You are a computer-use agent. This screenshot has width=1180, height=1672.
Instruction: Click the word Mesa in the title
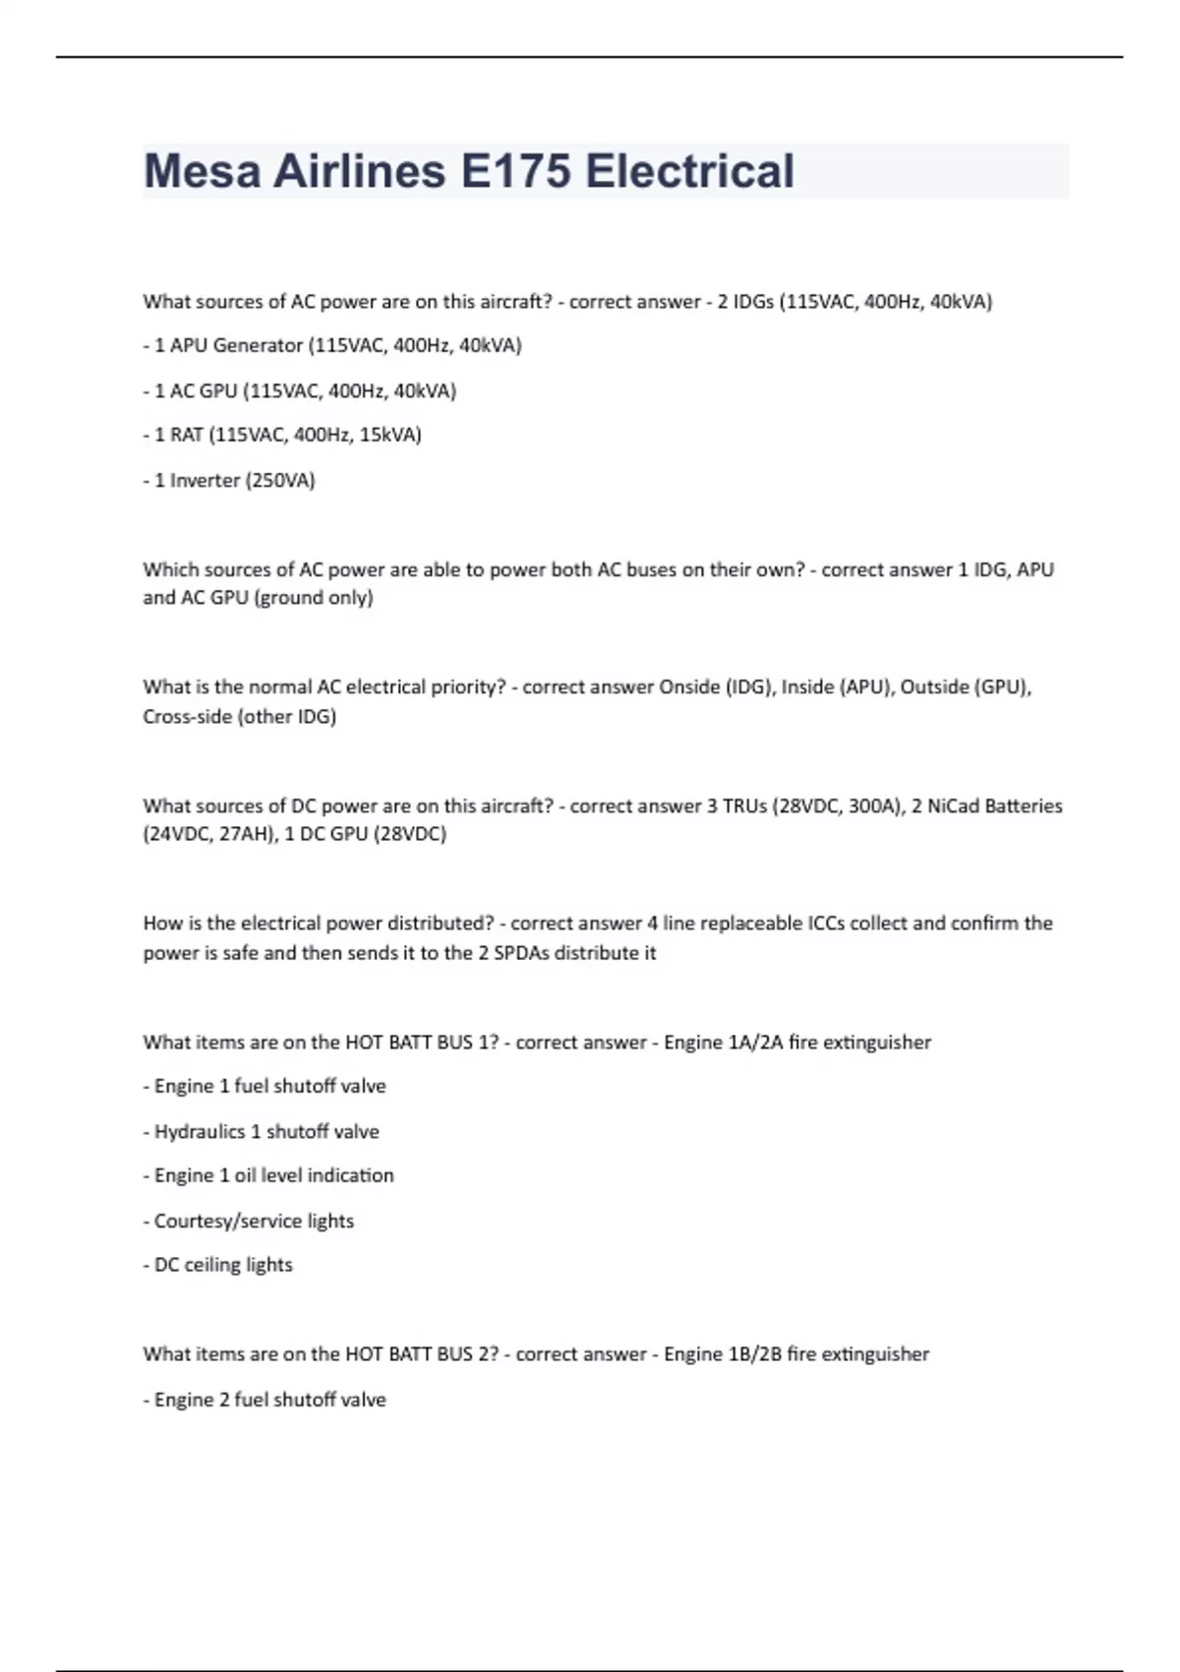(x=202, y=171)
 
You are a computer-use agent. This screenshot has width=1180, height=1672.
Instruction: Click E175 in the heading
(x=515, y=171)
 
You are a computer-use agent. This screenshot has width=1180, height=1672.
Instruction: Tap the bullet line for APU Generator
(x=332, y=345)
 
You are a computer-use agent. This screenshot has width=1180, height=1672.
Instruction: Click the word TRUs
(x=743, y=806)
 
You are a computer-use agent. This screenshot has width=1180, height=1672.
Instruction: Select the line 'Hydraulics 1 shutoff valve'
(x=262, y=1131)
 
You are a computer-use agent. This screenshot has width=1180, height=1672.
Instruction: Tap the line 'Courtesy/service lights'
(x=250, y=1221)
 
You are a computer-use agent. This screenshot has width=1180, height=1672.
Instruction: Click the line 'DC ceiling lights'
(x=219, y=1265)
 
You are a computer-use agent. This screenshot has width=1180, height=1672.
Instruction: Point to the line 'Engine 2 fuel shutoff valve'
(x=265, y=1400)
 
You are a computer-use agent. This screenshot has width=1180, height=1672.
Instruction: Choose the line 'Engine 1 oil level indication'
(x=269, y=1175)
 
